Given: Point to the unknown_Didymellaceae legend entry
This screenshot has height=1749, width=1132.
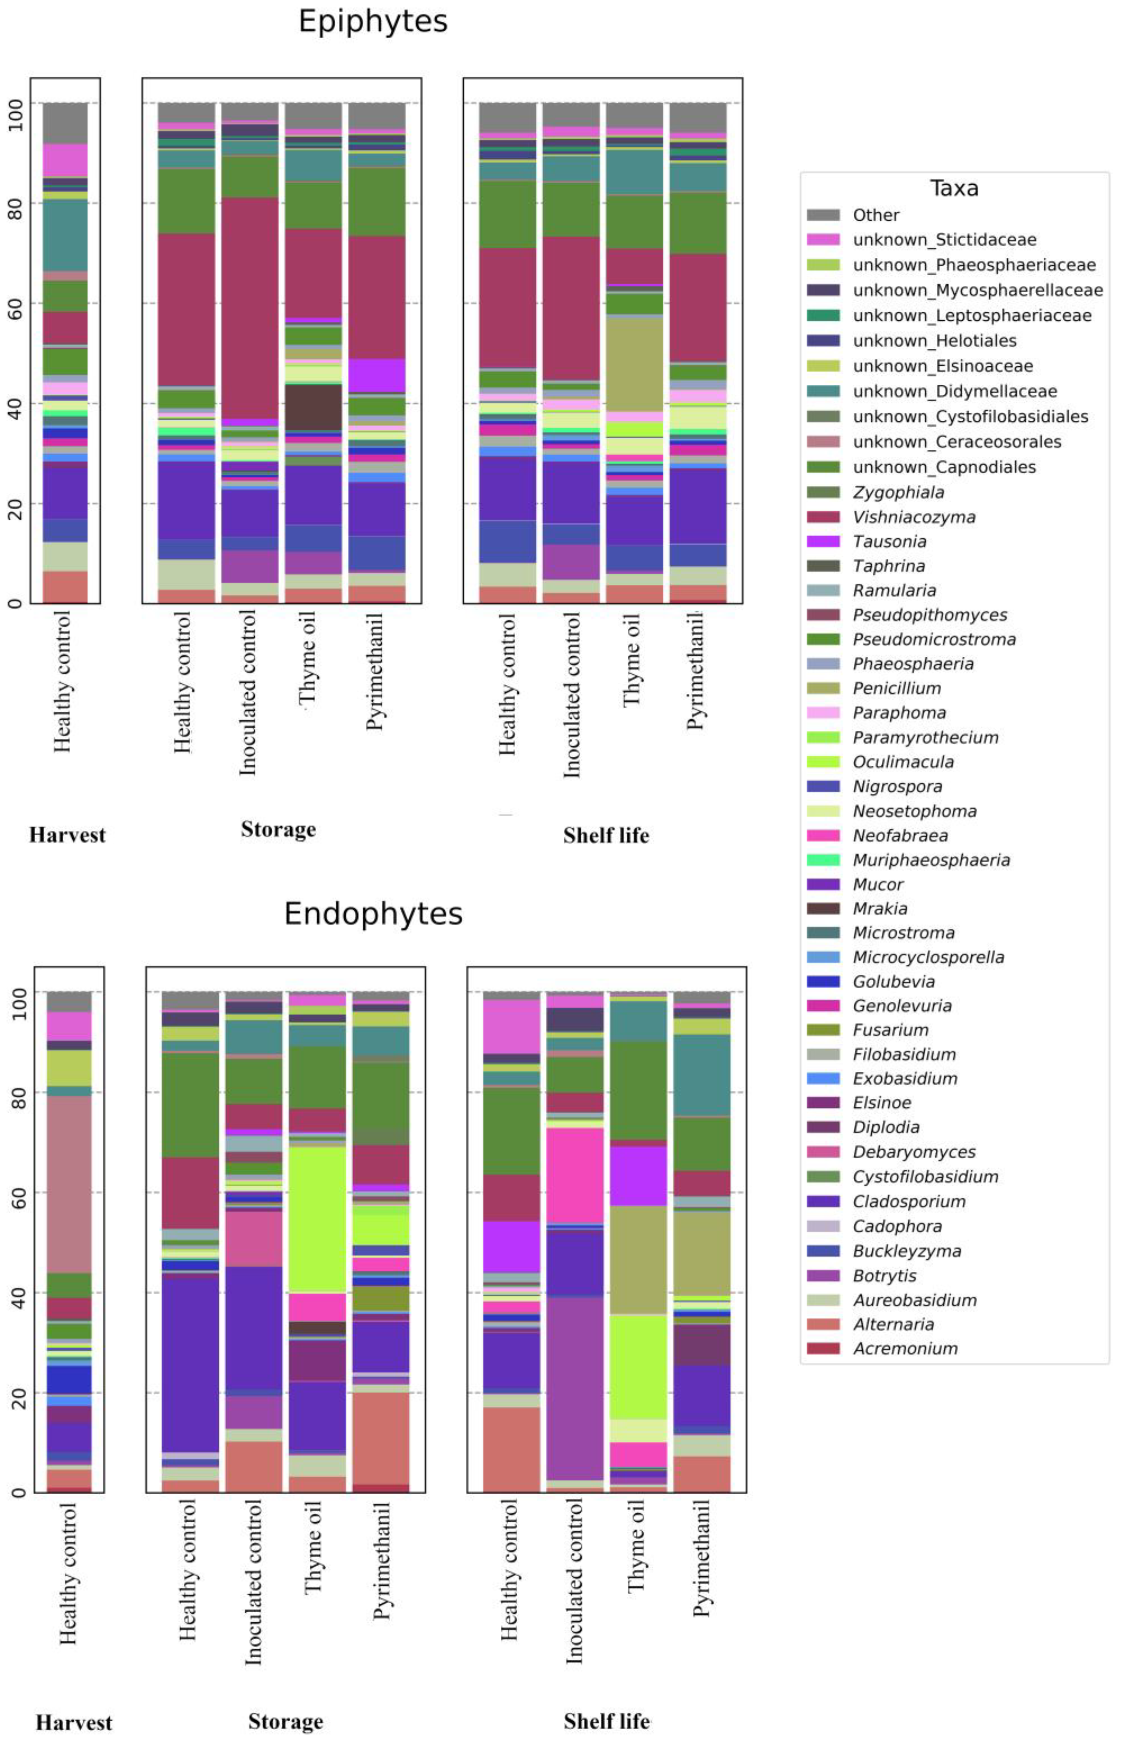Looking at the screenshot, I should pos(954,392).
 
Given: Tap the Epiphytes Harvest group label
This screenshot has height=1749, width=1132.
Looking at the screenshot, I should pos(68,836).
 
